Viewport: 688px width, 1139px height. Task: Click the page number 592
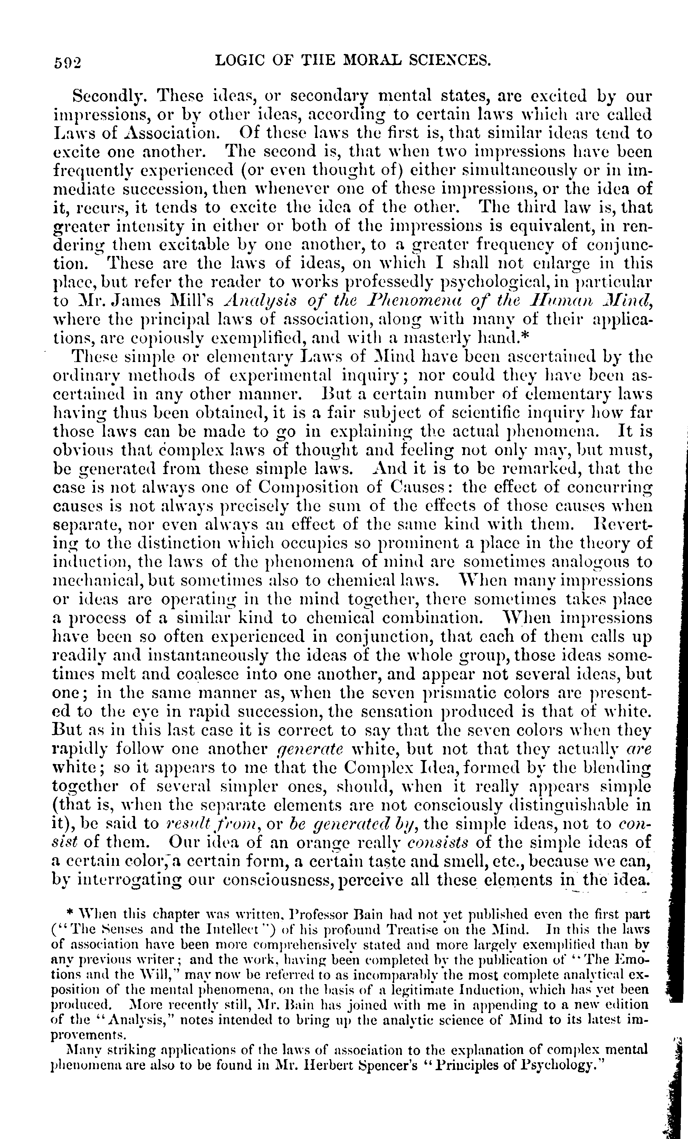coord(67,62)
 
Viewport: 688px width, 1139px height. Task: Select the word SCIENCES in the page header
coord(450,60)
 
